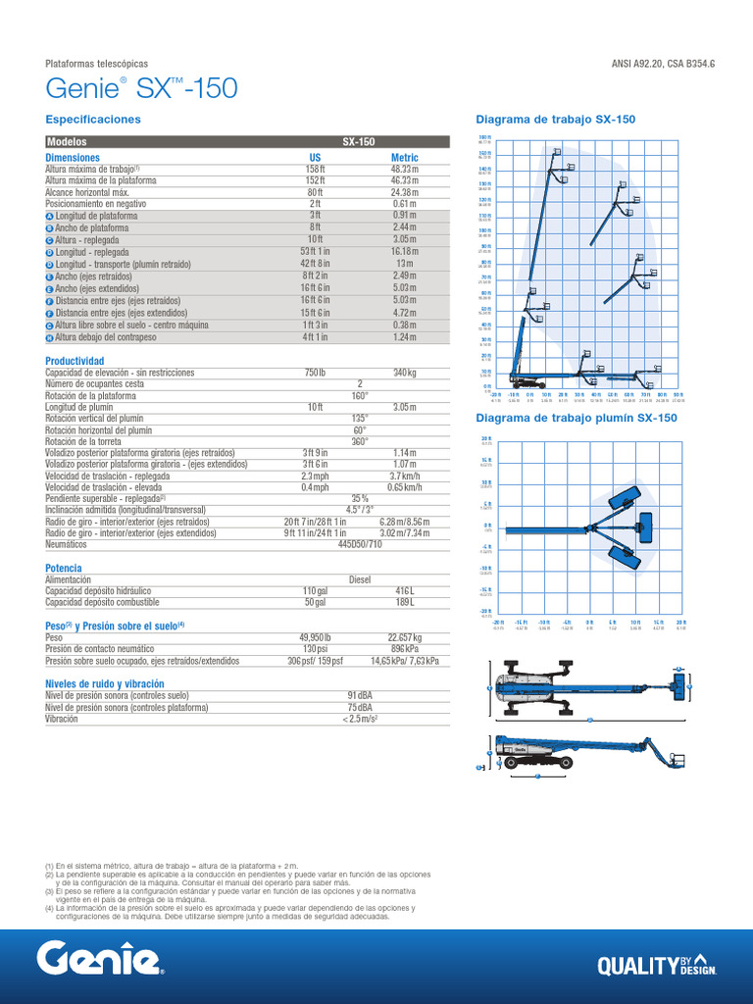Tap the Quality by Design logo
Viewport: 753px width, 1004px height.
click(656, 965)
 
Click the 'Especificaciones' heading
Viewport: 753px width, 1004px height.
click(93, 120)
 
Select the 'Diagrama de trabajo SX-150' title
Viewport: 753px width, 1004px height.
click(555, 120)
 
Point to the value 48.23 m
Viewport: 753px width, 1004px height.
click(404, 169)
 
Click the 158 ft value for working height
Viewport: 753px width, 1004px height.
click(315, 169)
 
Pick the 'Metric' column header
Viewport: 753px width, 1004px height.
click(404, 157)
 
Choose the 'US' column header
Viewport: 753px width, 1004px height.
click(315, 157)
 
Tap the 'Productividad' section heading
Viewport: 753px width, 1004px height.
click(75, 361)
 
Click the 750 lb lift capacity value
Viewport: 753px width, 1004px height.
click(315, 373)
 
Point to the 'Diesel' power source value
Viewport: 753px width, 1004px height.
click(360, 579)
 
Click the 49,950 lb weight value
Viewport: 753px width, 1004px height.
click(315, 637)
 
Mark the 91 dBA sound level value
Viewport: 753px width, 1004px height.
click(360, 695)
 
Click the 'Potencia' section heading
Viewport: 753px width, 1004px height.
click(64, 568)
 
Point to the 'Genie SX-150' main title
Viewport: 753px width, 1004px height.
click(141, 89)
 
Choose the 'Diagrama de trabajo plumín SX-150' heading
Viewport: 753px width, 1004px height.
click(576, 418)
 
